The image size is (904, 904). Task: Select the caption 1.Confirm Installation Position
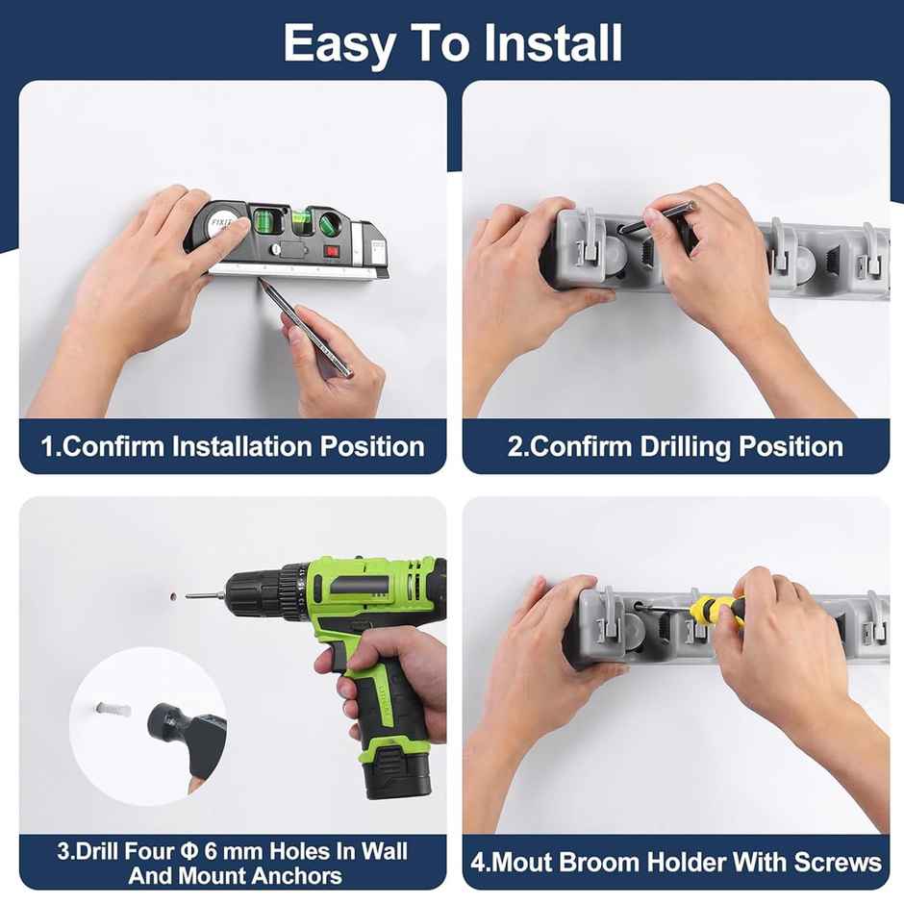click(x=232, y=446)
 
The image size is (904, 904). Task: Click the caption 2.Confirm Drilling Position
click(x=675, y=446)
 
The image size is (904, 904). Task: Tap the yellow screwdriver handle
click(x=714, y=610)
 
